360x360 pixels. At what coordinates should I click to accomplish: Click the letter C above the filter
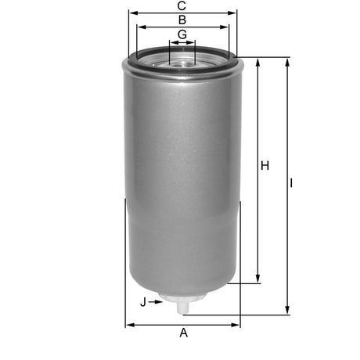coord(182,6)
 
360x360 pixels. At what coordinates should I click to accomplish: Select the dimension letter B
coord(182,20)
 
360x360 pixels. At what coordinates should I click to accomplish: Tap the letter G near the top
coord(182,34)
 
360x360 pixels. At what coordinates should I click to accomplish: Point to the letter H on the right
coord(265,166)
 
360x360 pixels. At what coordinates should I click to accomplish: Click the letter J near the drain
coord(143,301)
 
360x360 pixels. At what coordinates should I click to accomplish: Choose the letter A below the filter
coord(184,333)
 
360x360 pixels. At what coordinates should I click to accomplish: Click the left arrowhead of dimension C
coord(132,13)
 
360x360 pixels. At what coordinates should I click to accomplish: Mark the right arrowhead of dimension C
coord(232,13)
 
